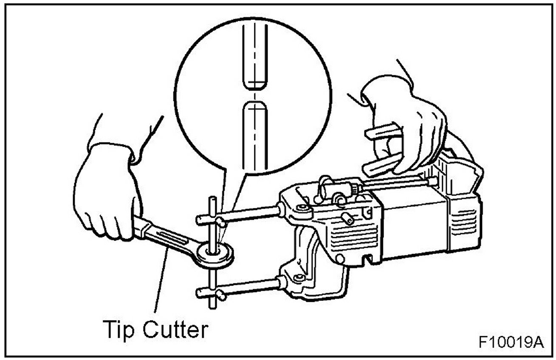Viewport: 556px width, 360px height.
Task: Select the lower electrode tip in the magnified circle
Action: click(x=254, y=136)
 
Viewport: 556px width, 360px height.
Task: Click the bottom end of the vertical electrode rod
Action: click(x=211, y=305)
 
